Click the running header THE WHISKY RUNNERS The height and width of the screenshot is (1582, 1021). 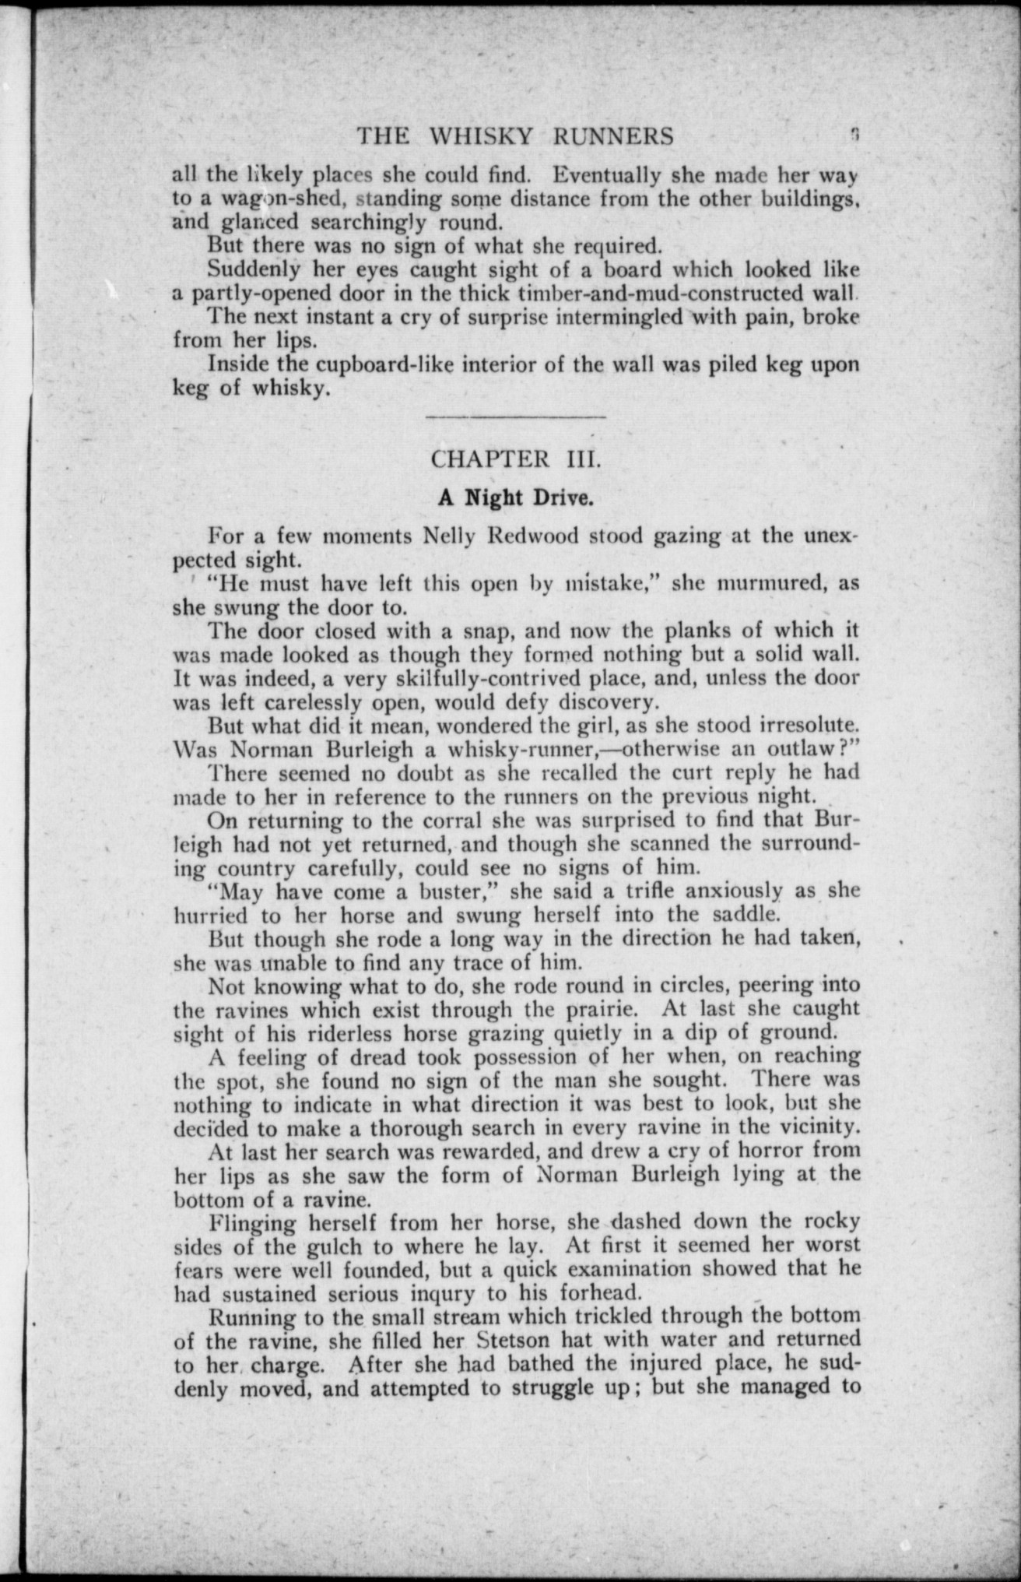pos(515,137)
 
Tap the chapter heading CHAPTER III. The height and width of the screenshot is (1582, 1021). pos(516,458)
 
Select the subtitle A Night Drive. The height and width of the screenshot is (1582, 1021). pos(516,497)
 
